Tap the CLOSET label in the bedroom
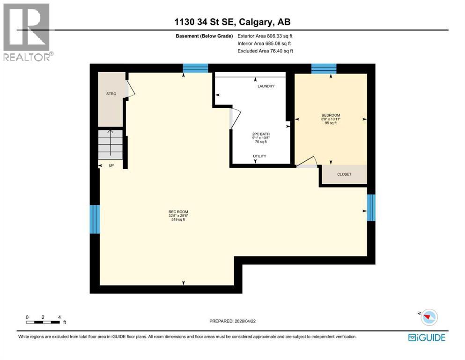[344, 174]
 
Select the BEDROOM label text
[330, 115]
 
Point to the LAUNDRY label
[266, 86]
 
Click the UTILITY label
[260, 156]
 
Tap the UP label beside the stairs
[111, 165]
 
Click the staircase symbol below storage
[110, 144]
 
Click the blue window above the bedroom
[324, 68]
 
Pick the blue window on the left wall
[95, 219]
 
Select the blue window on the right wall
[371, 208]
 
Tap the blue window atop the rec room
[195, 68]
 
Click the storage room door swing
[131, 89]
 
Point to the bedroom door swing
[309, 162]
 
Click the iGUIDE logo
[427, 337]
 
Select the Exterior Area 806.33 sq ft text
[266, 36]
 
